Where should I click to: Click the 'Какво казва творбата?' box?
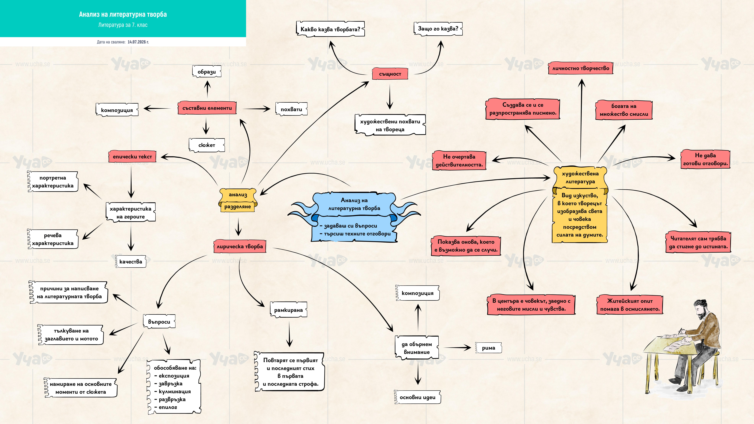(330, 29)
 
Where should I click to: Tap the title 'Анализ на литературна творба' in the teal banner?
(123, 14)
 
